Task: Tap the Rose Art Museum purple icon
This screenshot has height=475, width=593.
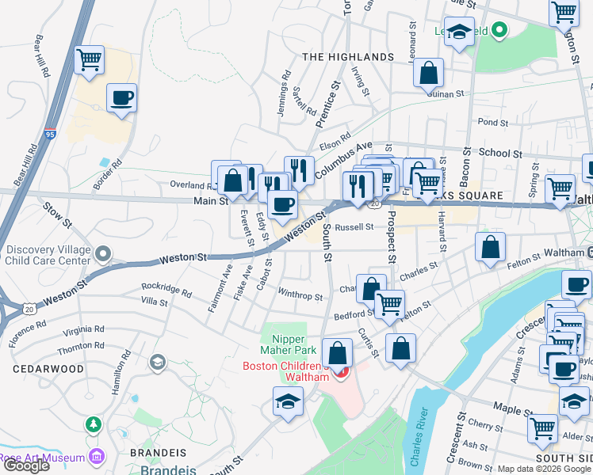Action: tap(97, 456)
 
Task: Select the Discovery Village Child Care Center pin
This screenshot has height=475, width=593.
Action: tap(102, 253)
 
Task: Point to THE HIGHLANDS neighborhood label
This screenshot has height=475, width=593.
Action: tap(348, 57)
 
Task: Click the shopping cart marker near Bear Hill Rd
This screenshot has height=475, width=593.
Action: tap(89, 59)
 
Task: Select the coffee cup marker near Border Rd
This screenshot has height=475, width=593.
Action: tap(121, 98)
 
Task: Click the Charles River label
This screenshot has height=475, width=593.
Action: tap(426, 427)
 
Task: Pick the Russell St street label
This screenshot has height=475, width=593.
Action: tap(354, 227)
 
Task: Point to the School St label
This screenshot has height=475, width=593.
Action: tap(500, 154)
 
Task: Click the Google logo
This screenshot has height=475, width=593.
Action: tap(25, 465)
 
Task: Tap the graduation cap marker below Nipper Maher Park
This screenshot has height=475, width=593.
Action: tap(287, 401)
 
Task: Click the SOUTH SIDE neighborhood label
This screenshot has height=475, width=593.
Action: tap(562, 458)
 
